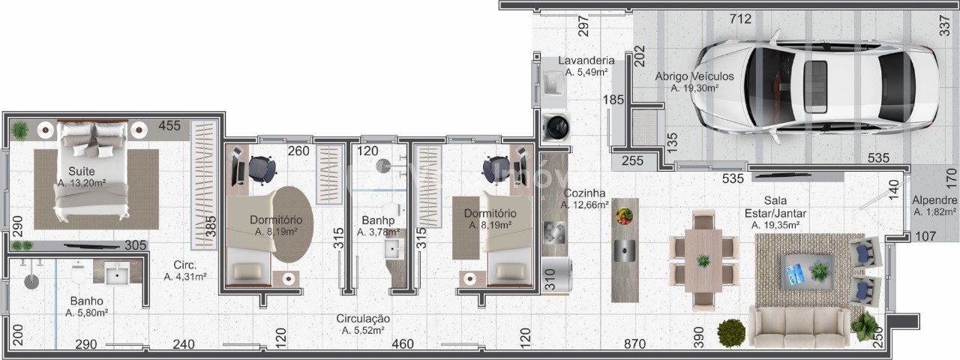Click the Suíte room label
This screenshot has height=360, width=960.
click(82, 172)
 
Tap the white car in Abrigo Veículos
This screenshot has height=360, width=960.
click(814, 85)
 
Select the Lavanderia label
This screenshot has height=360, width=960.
click(586, 61)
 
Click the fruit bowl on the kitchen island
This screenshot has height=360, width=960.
click(624, 215)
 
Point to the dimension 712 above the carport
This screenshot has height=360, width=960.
click(741, 19)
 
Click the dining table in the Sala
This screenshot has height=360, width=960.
click(703, 260)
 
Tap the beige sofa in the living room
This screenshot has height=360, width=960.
click(799, 327)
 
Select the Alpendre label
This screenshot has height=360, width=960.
click(934, 200)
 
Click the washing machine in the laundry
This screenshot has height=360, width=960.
click(556, 127)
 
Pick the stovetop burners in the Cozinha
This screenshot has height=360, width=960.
click(554, 233)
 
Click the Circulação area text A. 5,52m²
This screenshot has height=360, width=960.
click(363, 331)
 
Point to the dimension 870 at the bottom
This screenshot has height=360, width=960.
click(634, 343)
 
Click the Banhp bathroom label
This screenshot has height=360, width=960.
click(378, 220)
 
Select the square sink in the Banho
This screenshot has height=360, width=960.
click(117, 272)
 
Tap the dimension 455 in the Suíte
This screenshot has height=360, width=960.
click(169, 125)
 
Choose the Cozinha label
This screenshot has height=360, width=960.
click(584, 193)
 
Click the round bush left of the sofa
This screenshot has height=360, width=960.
click(731, 332)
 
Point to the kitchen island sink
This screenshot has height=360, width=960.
click(625, 250)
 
